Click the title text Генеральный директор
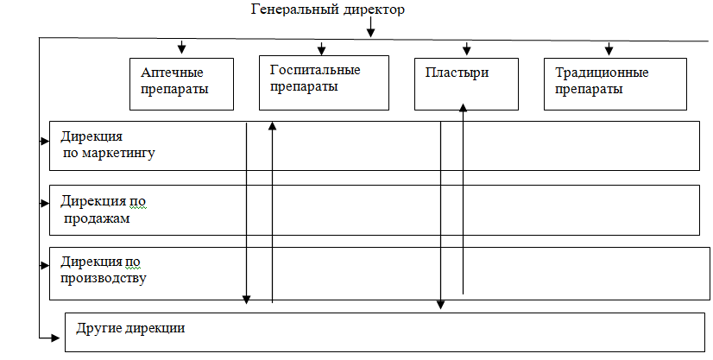coord(327,9)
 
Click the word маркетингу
coord(109,153)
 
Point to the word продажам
coord(97,218)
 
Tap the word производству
coord(104,278)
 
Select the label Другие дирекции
coord(130,328)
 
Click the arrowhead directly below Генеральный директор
coord(370,33)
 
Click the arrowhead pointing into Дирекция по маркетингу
coord(45,141)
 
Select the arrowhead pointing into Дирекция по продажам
coord(45,203)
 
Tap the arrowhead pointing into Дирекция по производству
coord(45,265)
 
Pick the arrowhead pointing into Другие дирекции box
coord(55,338)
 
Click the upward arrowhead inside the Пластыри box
coord(463,107)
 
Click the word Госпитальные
coord(315,70)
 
